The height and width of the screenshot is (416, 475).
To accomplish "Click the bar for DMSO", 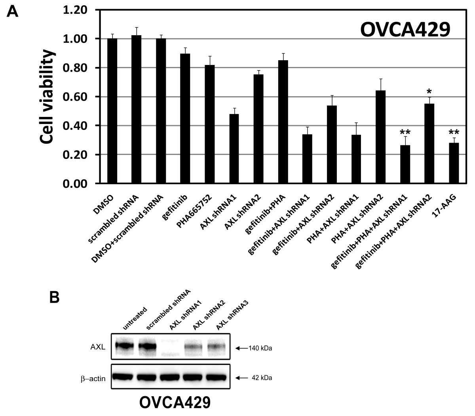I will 112,111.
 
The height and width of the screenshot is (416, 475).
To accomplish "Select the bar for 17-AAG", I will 453,163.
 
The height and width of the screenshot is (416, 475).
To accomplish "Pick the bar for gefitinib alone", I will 185,118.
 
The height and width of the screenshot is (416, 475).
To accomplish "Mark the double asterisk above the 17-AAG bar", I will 454,133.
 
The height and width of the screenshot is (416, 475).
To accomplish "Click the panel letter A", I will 13,12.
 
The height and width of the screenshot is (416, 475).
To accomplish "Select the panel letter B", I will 54,297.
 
